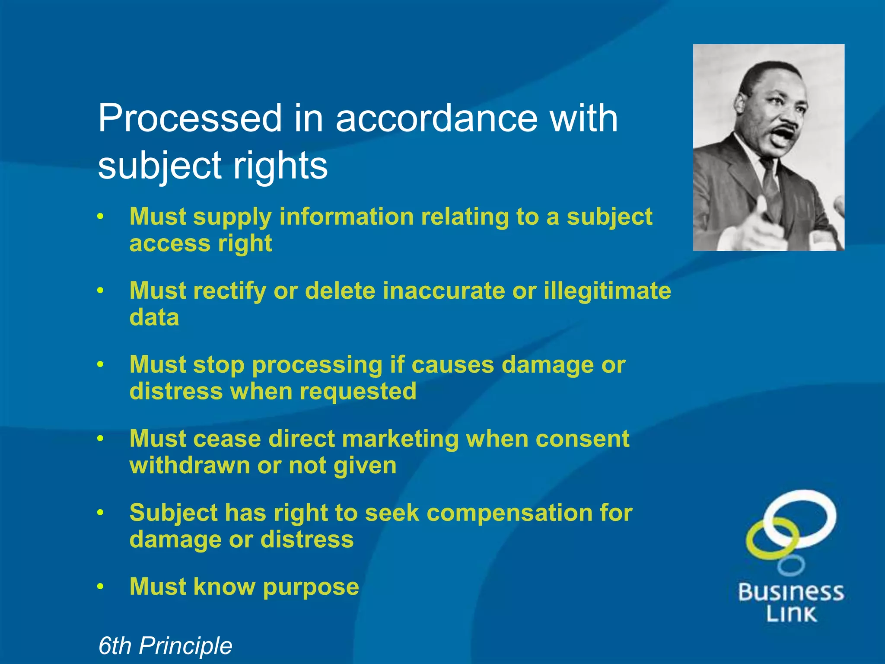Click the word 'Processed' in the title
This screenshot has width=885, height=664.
pos(190,118)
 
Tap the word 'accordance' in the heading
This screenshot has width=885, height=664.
pos(436,118)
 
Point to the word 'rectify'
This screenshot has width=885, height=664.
pos(229,290)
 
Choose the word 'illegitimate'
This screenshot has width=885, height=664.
pos(607,290)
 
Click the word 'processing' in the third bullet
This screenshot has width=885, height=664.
pos(317,365)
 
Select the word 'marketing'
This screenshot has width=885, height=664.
pos(400,439)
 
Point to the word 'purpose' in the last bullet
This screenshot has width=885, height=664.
pos(311,587)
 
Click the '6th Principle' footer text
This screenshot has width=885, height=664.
pos(165,646)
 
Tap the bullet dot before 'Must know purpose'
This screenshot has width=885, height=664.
pos(101,587)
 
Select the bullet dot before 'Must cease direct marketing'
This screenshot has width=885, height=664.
pos(101,438)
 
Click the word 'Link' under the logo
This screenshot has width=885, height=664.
pos(791,614)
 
